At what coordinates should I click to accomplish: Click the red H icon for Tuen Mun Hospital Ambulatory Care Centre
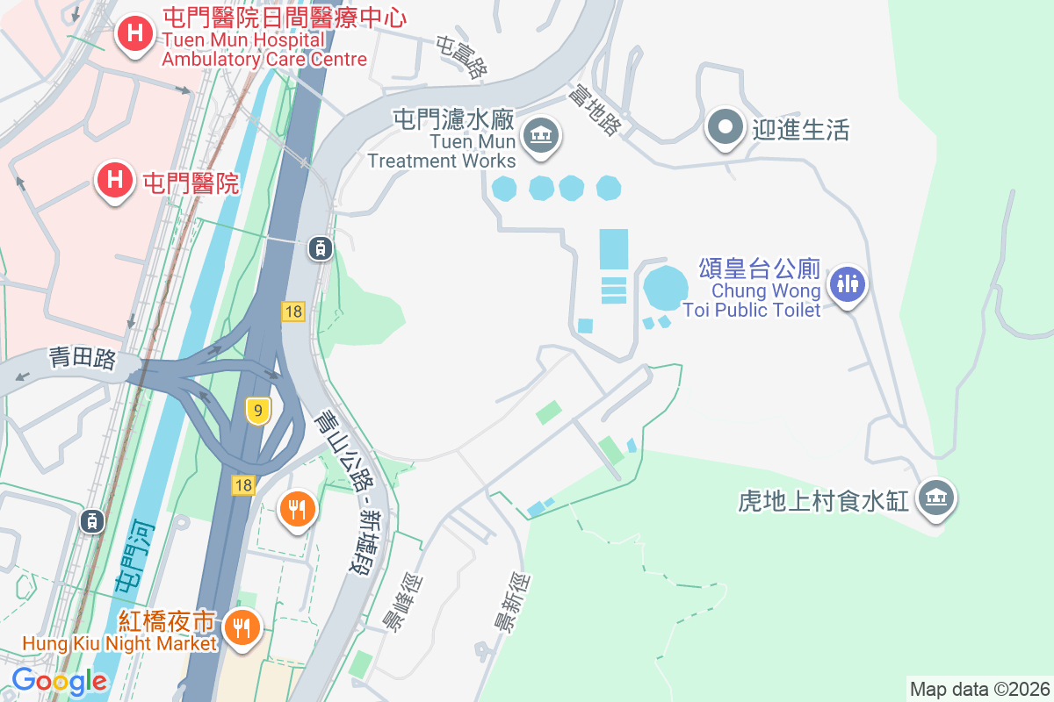pos(135,34)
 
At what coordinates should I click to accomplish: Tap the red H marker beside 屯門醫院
pos(114,180)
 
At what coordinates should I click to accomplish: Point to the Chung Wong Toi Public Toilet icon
pos(848,284)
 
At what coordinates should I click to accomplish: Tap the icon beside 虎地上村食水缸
pos(935,498)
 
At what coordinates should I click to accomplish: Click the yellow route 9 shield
pos(257,410)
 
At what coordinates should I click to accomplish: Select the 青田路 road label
pos(83,359)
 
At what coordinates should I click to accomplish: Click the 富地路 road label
pos(594,109)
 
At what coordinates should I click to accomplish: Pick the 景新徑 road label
pos(512,602)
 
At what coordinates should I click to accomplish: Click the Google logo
pos(60,681)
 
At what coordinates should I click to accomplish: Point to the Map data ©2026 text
pos(979,689)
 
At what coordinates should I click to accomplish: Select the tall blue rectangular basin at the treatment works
pos(613,249)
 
